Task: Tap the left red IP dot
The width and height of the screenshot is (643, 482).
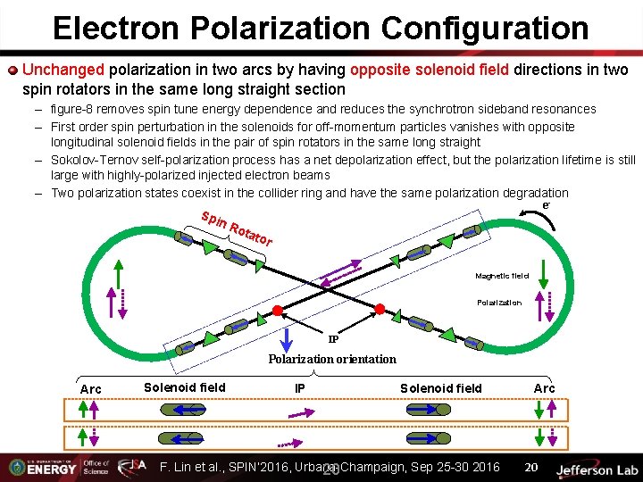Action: pos(277,311)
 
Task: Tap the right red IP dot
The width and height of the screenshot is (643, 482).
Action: pos(379,310)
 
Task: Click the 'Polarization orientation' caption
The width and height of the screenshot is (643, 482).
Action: pos(332,359)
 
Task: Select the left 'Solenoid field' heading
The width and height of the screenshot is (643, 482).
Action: pos(185,386)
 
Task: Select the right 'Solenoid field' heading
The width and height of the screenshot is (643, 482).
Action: pos(440,387)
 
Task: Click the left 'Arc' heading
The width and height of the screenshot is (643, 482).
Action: pos(91,388)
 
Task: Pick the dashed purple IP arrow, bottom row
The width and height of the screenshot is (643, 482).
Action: pos(287,441)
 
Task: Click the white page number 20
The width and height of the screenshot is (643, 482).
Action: pos(530,468)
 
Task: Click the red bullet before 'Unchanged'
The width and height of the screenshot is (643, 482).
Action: pos(13,70)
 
